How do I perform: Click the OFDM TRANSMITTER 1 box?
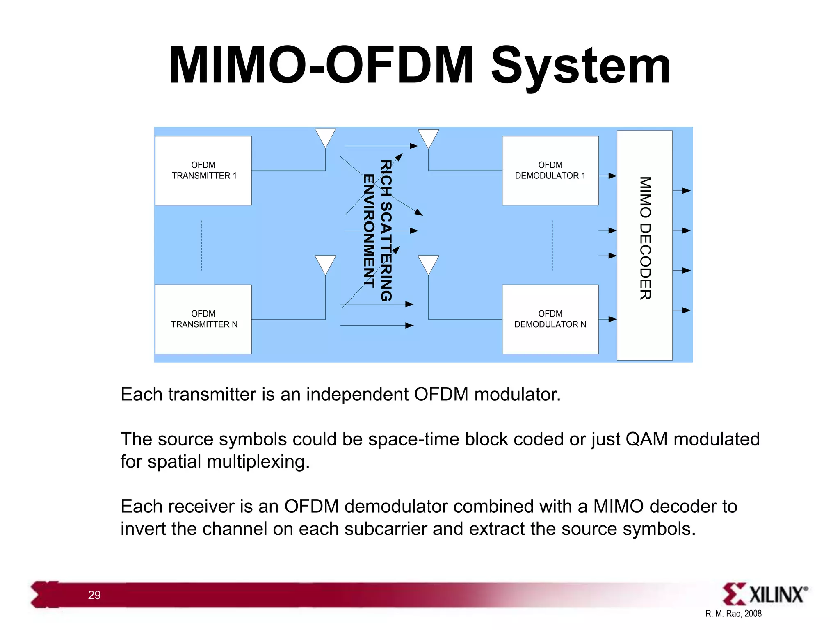(x=203, y=170)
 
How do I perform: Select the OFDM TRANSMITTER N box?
(x=203, y=319)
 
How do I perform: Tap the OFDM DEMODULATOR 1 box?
(x=550, y=170)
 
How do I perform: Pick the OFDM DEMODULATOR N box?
(x=550, y=319)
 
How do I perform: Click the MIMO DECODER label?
(x=645, y=238)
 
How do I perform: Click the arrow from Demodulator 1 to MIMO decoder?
(x=608, y=176)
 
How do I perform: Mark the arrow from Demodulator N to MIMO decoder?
(x=608, y=319)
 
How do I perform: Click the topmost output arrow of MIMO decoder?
(x=682, y=191)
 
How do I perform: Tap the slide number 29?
(x=94, y=595)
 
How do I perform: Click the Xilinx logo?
(x=765, y=594)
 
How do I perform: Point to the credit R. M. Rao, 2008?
(x=733, y=614)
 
